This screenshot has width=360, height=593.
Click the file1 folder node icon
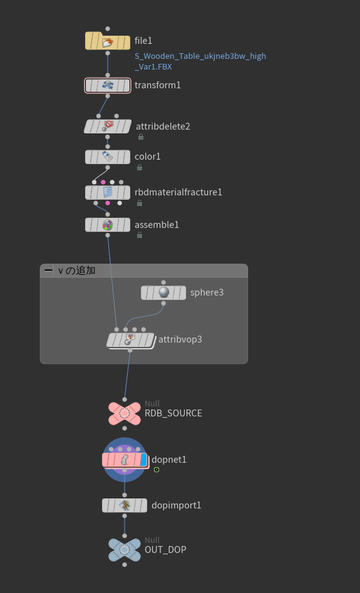click(x=108, y=41)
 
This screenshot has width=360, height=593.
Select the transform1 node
click(x=108, y=85)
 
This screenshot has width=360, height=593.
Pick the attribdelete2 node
click(x=108, y=126)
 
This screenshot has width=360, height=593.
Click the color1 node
click(x=108, y=157)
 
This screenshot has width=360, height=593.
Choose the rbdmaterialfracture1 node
click(x=108, y=192)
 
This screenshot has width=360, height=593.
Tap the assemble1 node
click(x=108, y=225)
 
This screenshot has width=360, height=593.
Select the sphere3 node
click(x=163, y=292)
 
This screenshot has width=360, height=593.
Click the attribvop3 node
click(x=130, y=341)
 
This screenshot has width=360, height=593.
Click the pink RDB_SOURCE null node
click(x=125, y=413)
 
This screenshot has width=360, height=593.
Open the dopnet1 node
click(x=125, y=460)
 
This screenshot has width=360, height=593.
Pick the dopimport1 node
click(x=125, y=505)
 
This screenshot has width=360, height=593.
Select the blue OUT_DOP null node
click(x=125, y=550)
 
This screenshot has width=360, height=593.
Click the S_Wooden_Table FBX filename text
click(x=200, y=61)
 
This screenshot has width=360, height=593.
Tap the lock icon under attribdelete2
click(x=141, y=137)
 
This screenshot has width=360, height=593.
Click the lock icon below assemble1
click(x=140, y=235)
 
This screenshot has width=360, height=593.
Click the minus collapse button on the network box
click(x=48, y=271)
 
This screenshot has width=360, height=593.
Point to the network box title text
click(x=76, y=271)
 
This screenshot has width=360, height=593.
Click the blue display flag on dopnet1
click(x=143, y=460)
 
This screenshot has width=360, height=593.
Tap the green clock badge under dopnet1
click(x=157, y=470)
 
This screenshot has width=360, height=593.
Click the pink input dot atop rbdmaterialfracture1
click(x=103, y=182)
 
